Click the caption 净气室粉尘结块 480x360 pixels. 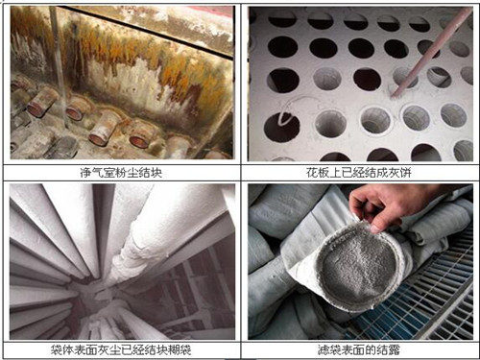[x=121, y=173]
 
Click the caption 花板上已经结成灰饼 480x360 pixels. [x=358, y=173]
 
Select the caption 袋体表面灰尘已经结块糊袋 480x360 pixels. [x=121, y=349]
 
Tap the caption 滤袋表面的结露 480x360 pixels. [x=359, y=349]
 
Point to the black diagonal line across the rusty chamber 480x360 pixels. [x=146, y=32]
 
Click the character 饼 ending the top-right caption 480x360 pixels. [x=405, y=173]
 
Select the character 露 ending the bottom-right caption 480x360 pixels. [x=395, y=349]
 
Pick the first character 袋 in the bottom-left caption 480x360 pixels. [x=57, y=349]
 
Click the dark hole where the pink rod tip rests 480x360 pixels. [x=404, y=78]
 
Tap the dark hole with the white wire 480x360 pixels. [x=281, y=127]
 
